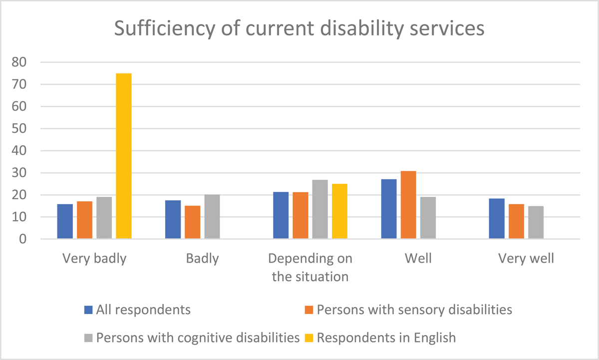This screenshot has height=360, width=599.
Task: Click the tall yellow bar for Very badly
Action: [x=124, y=156]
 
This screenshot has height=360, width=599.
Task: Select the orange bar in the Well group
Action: [x=408, y=205]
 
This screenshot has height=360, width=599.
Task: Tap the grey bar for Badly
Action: [x=212, y=216]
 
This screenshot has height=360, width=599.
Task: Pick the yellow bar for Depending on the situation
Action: [x=339, y=211]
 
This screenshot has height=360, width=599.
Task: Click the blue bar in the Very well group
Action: [x=497, y=219]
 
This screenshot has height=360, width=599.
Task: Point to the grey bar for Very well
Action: [x=536, y=222]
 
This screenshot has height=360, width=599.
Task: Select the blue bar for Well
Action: [x=389, y=209]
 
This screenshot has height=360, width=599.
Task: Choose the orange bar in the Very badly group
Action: [x=85, y=220]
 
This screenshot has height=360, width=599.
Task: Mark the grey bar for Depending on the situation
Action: [x=320, y=209]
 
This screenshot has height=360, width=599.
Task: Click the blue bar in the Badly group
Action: [x=173, y=219]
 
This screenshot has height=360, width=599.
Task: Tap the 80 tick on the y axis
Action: [x=19, y=62]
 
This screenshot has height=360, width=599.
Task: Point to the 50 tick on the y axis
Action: [x=19, y=129]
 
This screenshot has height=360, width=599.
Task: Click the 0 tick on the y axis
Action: [x=23, y=239]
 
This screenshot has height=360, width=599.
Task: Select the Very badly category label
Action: [x=94, y=259]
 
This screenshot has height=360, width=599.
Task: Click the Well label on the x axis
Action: [x=418, y=258]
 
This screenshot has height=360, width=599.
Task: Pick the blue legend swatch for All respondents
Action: [x=88, y=310]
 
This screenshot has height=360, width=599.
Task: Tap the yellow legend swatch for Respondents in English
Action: [x=309, y=338]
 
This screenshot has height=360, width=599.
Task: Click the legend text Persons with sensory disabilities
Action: [x=414, y=310]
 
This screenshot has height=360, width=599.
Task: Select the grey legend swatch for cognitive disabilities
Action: [x=88, y=338]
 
